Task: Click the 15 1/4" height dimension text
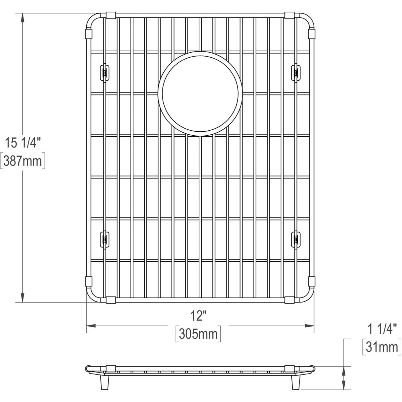tap(22, 143)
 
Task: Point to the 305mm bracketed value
tap(198, 334)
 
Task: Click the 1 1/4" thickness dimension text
tap(382, 329)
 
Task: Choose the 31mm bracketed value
tap(382, 347)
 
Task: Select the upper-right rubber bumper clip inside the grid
tap(296, 72)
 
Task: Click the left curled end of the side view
tap(88, 368)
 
